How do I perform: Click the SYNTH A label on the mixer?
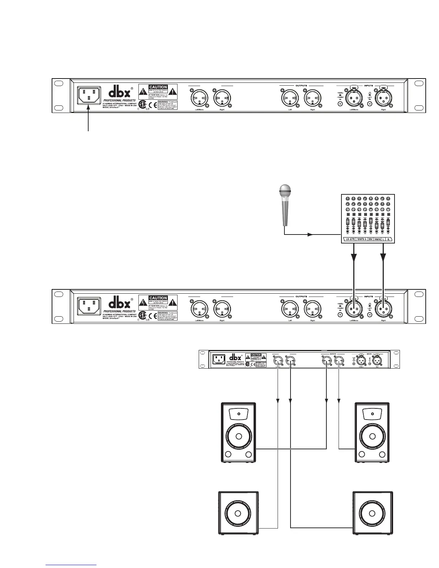pyautogui.click(x=362, y=239)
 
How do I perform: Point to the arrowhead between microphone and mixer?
pyautogui.click(x=310, y=235)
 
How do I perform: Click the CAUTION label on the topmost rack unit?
pyautogui.click(x=158, y=87)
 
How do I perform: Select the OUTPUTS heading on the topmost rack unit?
pyautogui.click(x=301, y=86)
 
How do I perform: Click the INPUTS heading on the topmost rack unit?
pyautogui.click(x=368, y=86)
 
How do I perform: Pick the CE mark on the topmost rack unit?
pyautogui.click(x=153, y=105)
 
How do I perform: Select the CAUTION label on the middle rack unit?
pyautogui.click(x=158, y=298)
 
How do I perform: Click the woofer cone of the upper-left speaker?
pyautogui.click(x=239, y=437)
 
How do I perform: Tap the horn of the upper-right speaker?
pyautogui.click(x=372, y=414)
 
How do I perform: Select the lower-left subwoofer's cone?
pyautogui.click(x=239, y=512)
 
